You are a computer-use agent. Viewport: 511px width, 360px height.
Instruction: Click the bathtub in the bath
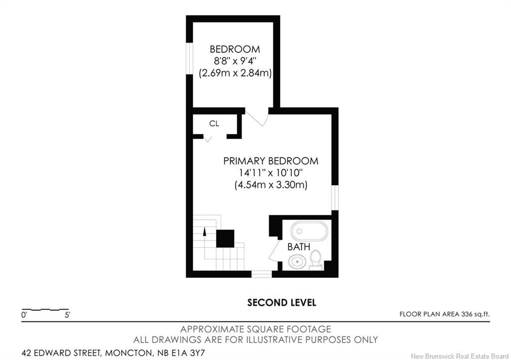(x=309, y=231)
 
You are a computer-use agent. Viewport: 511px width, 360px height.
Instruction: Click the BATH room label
(x=298, y=247)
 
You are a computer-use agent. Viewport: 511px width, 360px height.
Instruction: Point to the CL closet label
(x=214, y=123)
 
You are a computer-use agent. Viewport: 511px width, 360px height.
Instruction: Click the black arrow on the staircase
(x=205, y=231)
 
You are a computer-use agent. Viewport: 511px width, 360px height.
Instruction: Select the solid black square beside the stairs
(x=225, y=239)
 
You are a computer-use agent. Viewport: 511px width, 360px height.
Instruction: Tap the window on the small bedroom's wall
(x=189, y=59)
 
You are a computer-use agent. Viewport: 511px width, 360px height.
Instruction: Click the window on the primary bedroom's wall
(x=335, y=197)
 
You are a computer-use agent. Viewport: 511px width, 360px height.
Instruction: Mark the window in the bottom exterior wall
(x=261, y=274)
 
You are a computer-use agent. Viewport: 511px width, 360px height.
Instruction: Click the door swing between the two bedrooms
(x=257, y=117)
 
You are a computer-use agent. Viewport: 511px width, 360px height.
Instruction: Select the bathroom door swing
(x=275, y=250)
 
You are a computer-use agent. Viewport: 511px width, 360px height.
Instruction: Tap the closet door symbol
(x=208, y=139)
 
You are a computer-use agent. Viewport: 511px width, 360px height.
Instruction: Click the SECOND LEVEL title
(x=281, y=303)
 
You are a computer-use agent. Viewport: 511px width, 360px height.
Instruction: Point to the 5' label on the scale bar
(x=67, y=315)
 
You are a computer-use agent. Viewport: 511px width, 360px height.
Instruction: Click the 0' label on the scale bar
(x=24, y=315)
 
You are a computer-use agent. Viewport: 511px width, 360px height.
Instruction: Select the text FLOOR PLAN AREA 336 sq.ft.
(x=445, y=315)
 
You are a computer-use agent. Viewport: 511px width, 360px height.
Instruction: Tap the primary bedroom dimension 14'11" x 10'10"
(x=271, y=173)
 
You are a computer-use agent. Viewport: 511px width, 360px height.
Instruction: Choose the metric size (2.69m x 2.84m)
(x=236, y=73)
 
